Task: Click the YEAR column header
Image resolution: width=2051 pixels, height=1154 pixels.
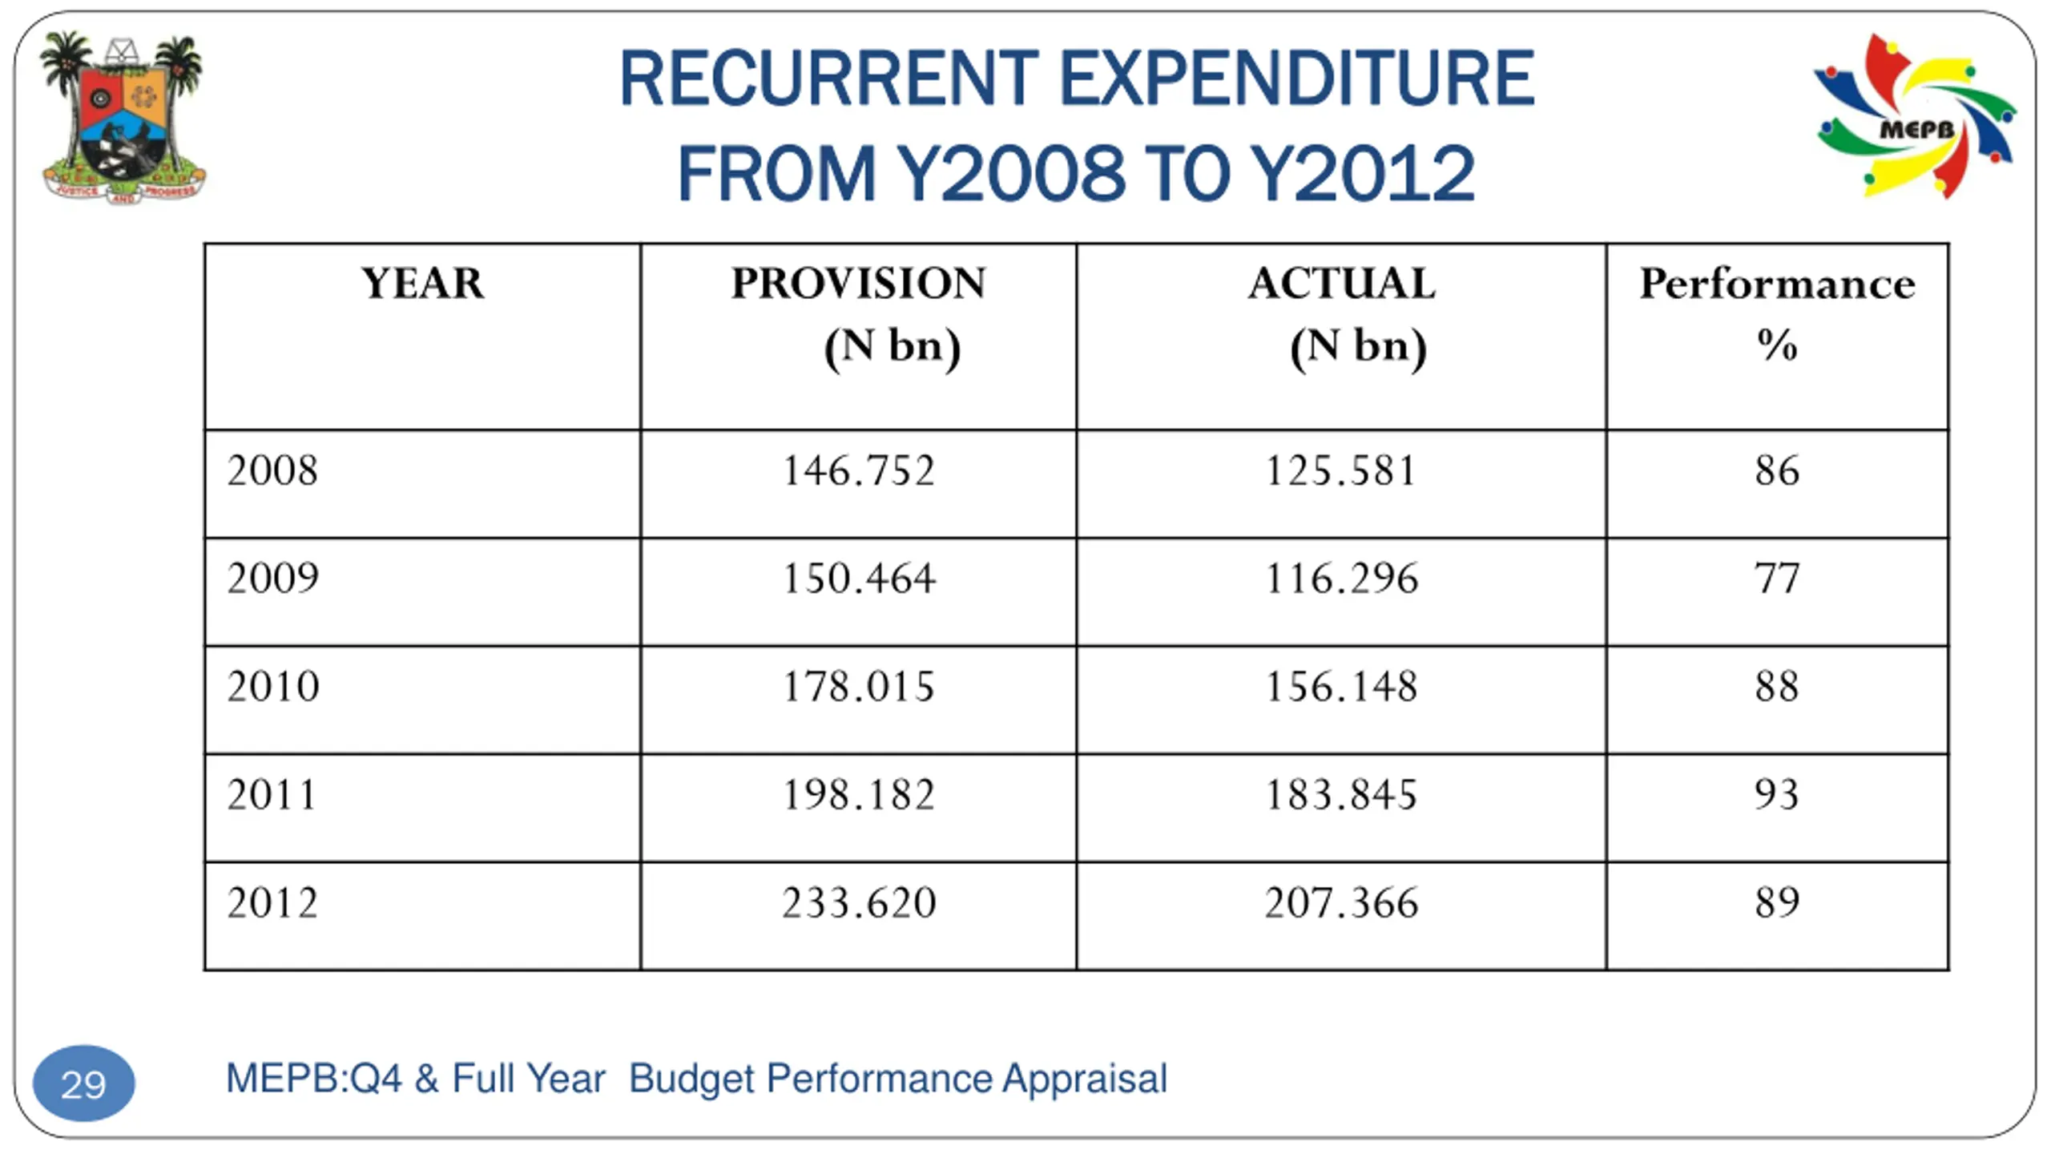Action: [423, 284]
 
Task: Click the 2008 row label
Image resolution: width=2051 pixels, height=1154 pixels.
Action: [272, 470]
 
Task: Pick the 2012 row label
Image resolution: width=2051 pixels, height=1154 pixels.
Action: [272, 903]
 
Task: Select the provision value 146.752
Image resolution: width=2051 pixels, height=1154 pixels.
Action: [858, 470]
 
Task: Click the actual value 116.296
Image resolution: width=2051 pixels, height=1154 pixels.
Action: [1342, 579]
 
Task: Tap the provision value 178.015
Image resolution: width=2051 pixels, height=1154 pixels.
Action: [858, 687]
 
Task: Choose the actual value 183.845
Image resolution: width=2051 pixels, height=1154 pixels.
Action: [1342, 795]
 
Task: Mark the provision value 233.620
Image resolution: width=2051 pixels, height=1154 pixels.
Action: [858, 903]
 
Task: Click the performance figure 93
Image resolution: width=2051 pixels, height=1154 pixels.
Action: [1777, 795]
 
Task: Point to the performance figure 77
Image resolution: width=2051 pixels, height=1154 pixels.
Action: [1777, 579]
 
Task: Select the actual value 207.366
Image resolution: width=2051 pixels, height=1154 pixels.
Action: [1342, 903]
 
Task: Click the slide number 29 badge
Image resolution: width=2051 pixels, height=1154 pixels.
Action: [83, 1083]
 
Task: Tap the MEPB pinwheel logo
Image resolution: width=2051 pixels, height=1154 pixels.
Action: [1916, 116]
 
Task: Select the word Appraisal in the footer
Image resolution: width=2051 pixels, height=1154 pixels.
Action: [1085, 1079]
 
